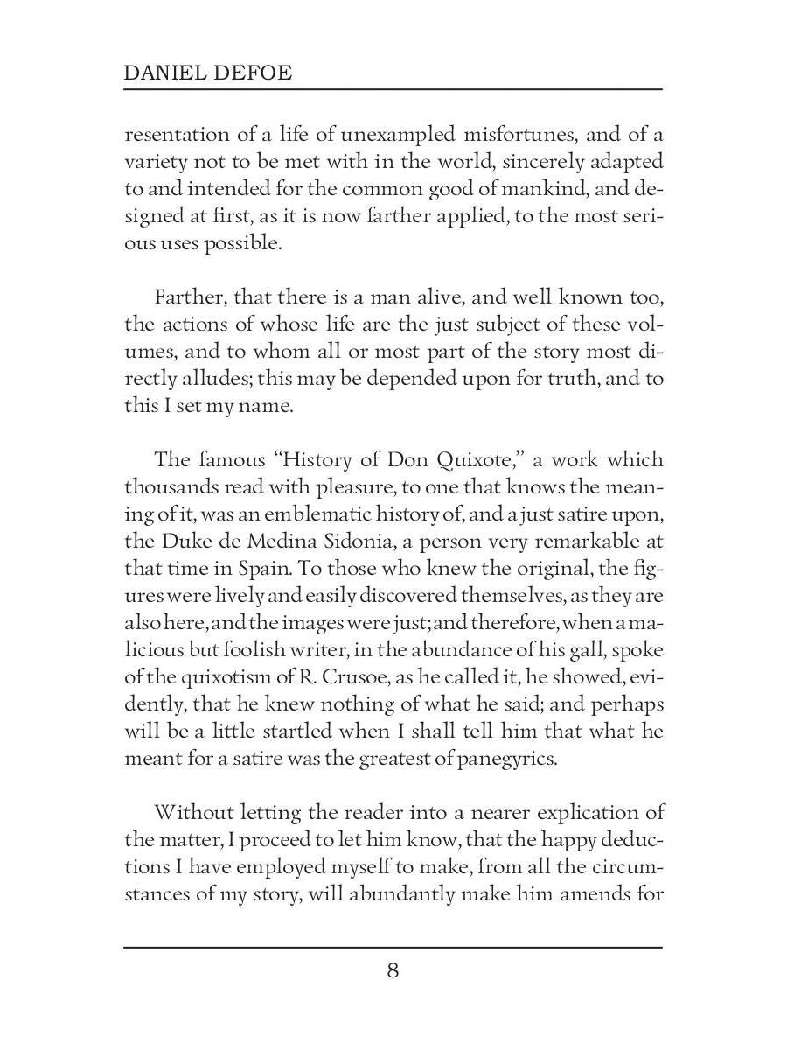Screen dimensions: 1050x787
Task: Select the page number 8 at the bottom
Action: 393,970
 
